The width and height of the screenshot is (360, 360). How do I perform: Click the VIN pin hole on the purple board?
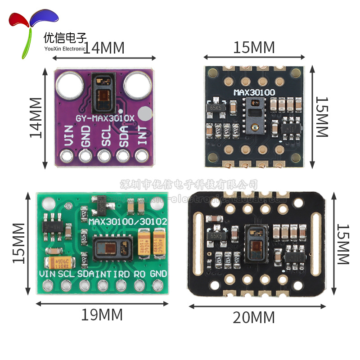67,156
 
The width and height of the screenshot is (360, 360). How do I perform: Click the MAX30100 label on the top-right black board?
254,92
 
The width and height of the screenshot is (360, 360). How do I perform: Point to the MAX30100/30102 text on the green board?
129,221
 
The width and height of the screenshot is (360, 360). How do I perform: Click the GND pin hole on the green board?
158,285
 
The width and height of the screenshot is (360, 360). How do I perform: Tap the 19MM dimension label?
102,315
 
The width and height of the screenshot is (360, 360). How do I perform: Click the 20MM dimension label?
254,318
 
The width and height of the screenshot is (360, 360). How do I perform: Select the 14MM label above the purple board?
104,48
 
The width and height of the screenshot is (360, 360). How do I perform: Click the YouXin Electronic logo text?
65,49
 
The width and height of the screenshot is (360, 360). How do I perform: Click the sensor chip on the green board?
114,247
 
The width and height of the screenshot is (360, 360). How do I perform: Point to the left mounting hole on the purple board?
70,84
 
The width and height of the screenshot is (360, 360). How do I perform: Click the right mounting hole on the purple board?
137,84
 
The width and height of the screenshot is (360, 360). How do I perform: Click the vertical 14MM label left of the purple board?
36,118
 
